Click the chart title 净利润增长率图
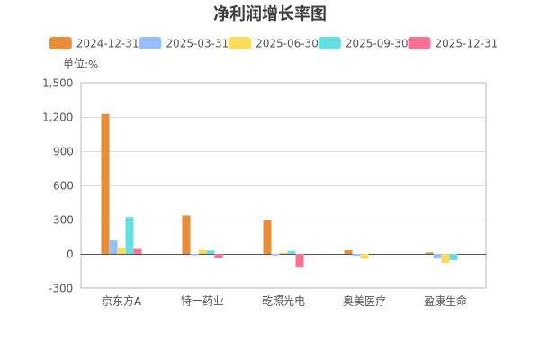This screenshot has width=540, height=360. coord(270,13)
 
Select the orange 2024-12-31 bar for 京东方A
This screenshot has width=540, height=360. coord(105,184)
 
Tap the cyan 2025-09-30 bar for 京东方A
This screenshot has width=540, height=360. coord(130,235)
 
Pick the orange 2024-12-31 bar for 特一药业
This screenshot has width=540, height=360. coord(186,234)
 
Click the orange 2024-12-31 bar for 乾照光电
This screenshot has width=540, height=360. coord(267,237)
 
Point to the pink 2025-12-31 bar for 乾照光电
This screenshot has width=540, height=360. coord(300,261)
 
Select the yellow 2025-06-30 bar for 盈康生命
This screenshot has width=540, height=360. coord(445,258)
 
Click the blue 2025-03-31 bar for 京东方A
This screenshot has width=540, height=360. coord(113,247)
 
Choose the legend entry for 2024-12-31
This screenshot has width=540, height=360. coord(94,43)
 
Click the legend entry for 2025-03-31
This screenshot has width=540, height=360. coord(184,43)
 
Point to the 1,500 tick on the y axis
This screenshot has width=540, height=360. coord(58,83)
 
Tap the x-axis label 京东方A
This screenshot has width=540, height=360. coord(121,301)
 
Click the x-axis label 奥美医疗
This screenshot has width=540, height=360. coord(364,301)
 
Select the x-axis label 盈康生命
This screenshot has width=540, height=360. coord(445,301)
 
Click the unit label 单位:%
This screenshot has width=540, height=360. coord(80,64)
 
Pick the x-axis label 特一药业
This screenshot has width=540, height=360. coord(202,301)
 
